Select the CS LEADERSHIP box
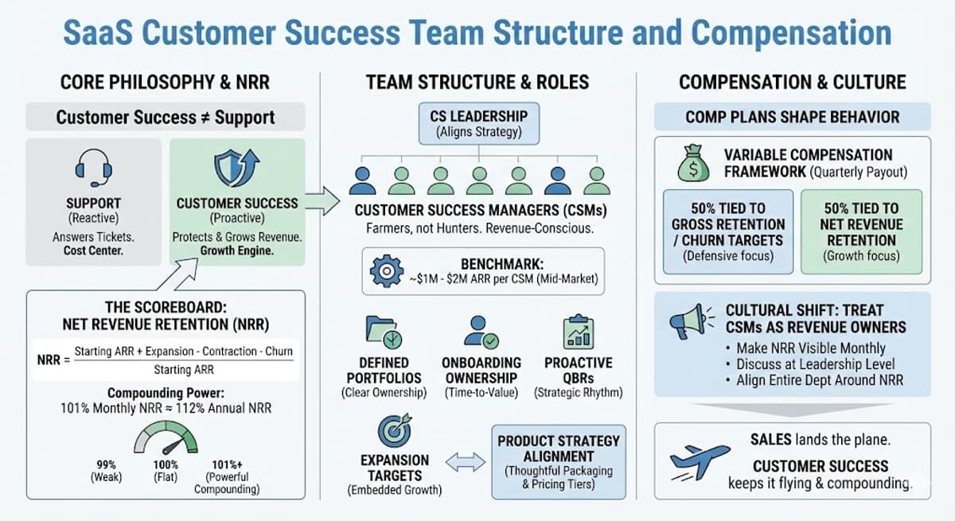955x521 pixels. pyautogui.click(x=468, y=123)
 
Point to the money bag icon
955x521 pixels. pyautogui.click(x=693, y=163)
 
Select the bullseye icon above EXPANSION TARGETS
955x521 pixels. pyautogui.click(x=394, y=430)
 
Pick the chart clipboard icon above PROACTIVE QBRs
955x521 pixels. pyautogui.click(x=578, y=332)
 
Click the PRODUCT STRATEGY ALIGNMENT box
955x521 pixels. pyautogui.click(x=557, y=462)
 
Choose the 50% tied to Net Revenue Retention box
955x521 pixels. pyautogui.click(x=861, y=231)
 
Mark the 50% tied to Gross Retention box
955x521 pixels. pyautogui.click(x=727, y=231)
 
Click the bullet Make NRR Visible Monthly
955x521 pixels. pyautogui.click(x=810, y=348)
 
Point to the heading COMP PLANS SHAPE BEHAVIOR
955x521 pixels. pyautogui.click(x=792, y=117)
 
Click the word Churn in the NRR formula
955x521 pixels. pyautogui.click(x=276, y=351)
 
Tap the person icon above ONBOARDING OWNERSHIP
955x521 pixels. pyautogui.click(x=480, y=331)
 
